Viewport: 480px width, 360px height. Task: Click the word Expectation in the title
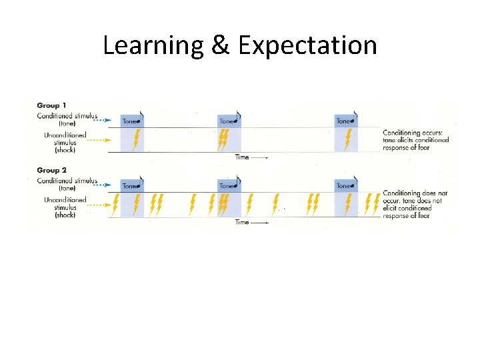click(x=307, y=45)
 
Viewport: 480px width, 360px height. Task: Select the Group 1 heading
click(x=51, y=105)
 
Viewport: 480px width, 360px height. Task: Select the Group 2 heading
click(x=51, y=171)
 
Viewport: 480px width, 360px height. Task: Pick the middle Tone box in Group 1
click(x=229, y=121)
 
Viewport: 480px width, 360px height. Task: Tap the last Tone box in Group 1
click(x=346, y=121)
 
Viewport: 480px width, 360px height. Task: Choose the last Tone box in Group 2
click(x=346, y=186)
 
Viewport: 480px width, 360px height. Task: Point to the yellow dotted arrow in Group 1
click(x=101, y=140)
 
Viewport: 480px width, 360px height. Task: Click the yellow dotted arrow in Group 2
click(x=101, y=205)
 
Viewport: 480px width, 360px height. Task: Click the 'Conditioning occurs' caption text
click(x=415, y=139)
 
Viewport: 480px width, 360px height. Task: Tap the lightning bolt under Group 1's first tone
click(x=136, y=139)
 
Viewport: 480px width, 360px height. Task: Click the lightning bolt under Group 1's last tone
click(x=347, y=139)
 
